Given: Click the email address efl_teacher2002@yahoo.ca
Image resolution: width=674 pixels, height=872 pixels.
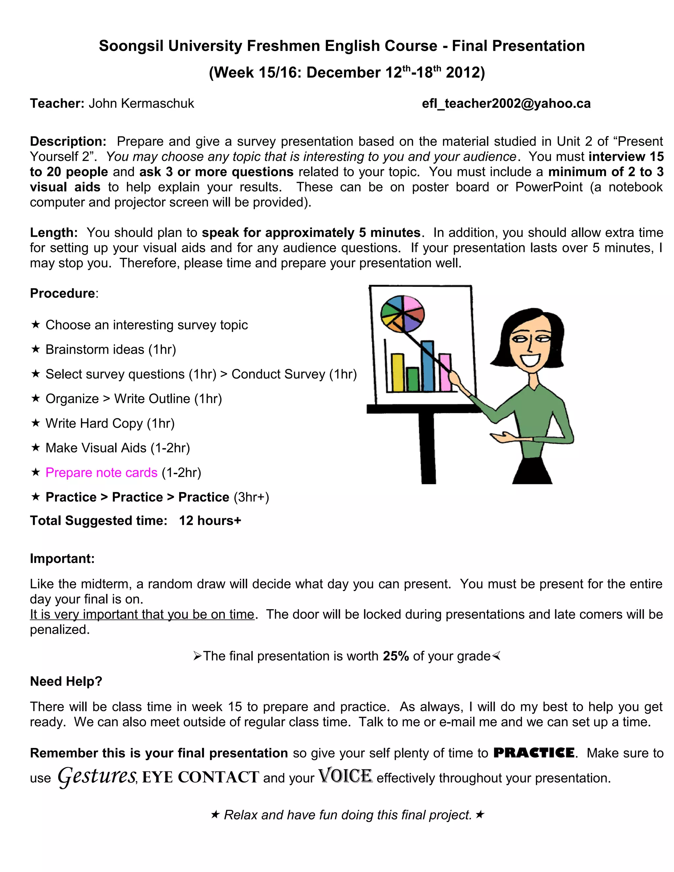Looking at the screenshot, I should point(506,103).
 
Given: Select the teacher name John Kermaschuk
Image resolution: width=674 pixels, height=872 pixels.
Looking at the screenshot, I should point(141,103).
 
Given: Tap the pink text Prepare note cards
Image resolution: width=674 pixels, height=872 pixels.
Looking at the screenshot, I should point(101,472).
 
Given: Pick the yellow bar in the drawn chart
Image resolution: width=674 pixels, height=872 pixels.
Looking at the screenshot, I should point(398,372).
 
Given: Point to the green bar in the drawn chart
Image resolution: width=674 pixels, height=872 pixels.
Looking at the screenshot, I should point(412,379).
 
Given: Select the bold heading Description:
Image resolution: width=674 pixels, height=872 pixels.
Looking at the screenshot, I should point(68,141).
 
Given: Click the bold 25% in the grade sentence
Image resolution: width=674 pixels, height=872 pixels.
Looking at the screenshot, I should point(395,656).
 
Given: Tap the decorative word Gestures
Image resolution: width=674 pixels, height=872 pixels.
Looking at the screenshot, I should point(97,776).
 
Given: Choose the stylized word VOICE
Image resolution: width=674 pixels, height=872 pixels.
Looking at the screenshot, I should point(345,776).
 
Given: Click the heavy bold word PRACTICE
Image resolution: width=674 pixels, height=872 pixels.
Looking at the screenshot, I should point(534,753).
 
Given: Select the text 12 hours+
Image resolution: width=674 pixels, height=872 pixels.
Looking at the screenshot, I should point(210,521).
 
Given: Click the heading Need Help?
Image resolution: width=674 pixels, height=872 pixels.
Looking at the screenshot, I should point(66,681).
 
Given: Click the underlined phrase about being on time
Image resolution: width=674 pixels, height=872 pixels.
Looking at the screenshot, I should point(142,614).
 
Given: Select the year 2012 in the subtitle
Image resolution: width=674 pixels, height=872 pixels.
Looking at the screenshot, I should point(465,73).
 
